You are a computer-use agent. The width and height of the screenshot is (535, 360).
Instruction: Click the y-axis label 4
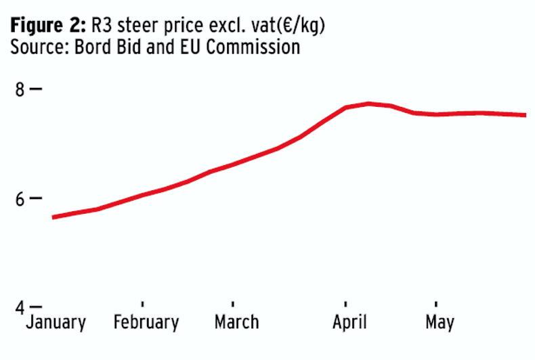(x=20, y=307)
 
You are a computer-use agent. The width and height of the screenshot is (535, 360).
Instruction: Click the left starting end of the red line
(x=53, y=217)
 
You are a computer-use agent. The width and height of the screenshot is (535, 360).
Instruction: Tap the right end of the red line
(x=525, y=115)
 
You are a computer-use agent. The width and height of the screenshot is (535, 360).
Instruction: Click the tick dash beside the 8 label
(x=36, y=89)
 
